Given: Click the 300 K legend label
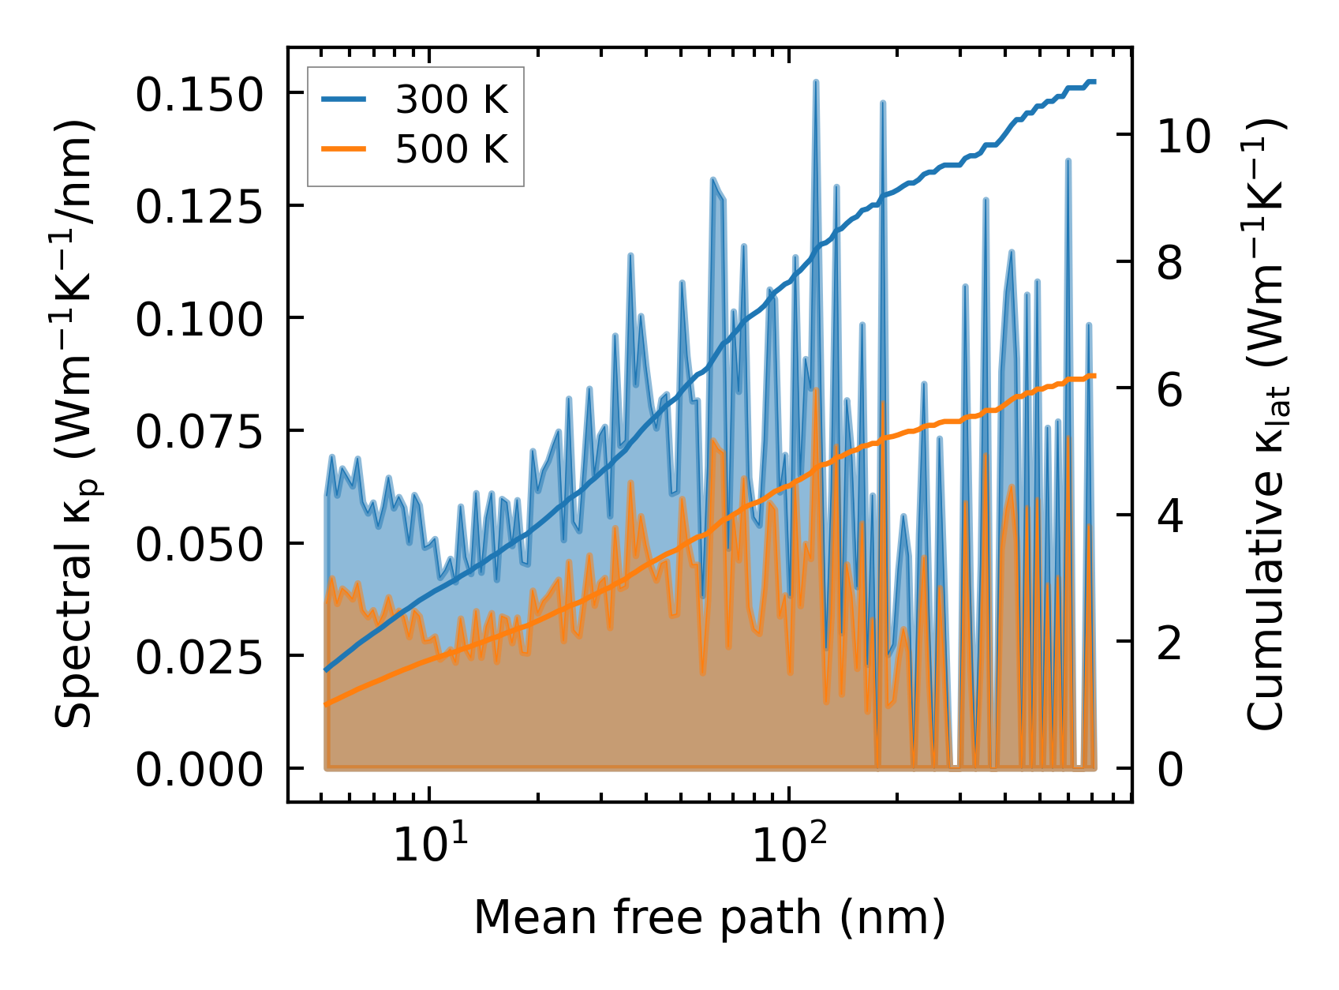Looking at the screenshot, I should (452, 100).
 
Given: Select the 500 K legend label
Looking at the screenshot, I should (452, 149).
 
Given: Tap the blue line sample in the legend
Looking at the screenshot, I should (344, 99).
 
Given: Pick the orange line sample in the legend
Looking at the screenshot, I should (344, 148).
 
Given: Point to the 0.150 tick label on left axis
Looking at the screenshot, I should (198, 95).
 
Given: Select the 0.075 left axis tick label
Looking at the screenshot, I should (198, 432).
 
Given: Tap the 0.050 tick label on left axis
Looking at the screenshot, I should (198, 544).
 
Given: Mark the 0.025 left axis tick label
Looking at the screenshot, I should (198, 657).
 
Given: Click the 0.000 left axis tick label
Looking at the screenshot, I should (198, 769).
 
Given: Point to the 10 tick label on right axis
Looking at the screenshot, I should (1184, 136).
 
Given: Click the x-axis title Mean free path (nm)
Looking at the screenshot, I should (709, 917).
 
